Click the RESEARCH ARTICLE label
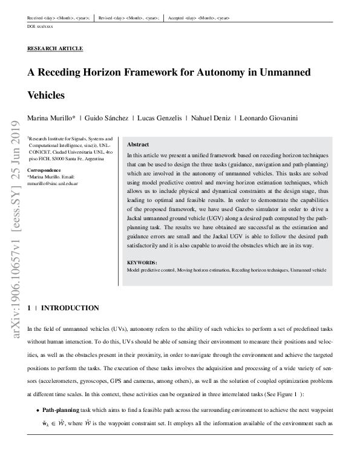(55, 48)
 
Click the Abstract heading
(138, 145)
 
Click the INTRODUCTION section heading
(70, 308)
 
